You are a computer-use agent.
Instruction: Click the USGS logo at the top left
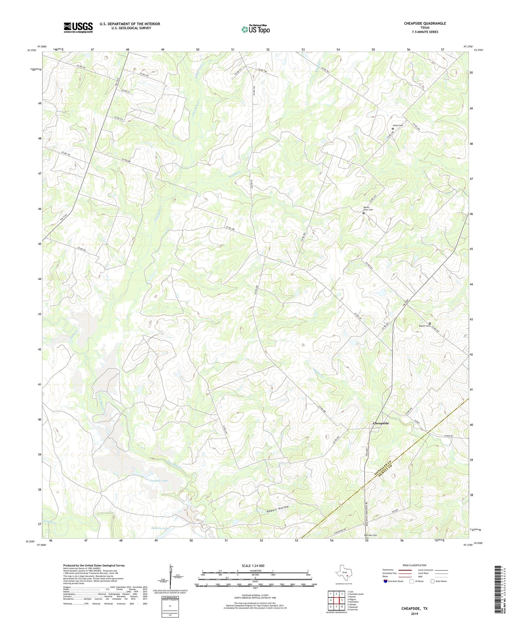78,27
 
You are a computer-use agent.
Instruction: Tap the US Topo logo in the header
255,29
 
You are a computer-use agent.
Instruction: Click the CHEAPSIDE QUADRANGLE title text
425,23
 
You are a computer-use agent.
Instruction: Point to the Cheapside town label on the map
381,423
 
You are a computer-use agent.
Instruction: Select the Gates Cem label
398,125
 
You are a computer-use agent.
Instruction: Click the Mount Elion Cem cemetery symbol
363,213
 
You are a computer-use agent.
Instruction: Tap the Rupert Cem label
422,326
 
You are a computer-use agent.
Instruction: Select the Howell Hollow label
277,509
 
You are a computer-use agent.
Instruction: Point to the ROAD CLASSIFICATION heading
414,565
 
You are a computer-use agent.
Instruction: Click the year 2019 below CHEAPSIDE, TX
414,614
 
